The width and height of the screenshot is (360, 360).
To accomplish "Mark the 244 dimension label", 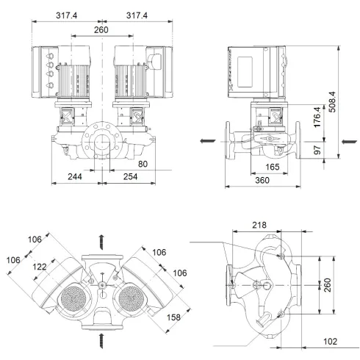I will tap(75, 177).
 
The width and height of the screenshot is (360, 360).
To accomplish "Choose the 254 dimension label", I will tap(131, 177).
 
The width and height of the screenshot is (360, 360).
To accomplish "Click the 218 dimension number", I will tap(258, 226).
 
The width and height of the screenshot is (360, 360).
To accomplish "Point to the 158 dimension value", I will tap(173, 317).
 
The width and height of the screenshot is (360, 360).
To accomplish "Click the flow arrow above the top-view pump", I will tap(102, 239).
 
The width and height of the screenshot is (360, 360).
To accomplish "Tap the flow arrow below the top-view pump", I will tap(102, 339).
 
